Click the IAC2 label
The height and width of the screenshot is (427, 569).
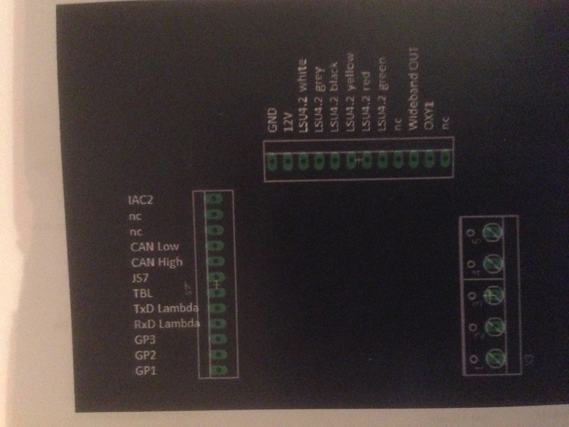[142, 201]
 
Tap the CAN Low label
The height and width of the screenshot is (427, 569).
[154, 247]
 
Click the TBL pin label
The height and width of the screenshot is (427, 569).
[142, 292]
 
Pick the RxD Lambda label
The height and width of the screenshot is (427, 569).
[166, 324]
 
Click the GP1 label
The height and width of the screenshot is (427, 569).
[145, 370]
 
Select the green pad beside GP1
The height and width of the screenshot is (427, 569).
[218, 369]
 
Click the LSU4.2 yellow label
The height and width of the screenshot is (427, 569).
[350, 92]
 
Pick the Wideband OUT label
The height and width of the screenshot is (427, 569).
[413, 93]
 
